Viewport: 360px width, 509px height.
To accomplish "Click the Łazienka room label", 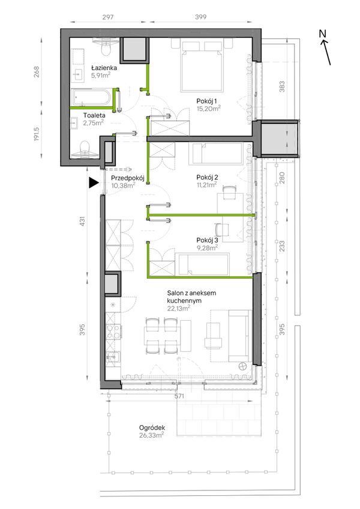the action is (x=104, y=68).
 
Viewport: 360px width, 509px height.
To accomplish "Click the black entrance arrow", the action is (x=94, y=183).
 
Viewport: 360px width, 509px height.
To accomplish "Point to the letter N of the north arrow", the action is (x=322, y=34).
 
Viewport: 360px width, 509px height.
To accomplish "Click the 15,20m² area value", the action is (x=209, y=109).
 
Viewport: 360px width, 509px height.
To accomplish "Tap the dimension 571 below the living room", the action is (x=179, y=396).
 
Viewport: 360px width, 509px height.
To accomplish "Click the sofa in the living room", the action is (x=240, y=336).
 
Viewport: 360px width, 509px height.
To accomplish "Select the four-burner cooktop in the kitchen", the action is (x=113, y=332).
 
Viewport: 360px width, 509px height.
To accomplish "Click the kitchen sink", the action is (x=113, y=358).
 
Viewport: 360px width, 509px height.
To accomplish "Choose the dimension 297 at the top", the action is (x=108, y=17).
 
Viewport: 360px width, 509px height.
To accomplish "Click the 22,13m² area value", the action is (x=179, y=308).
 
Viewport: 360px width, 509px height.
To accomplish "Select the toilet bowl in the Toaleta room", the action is (x=85, y=149).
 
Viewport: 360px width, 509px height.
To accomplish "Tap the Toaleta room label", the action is (x=94, y=115).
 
